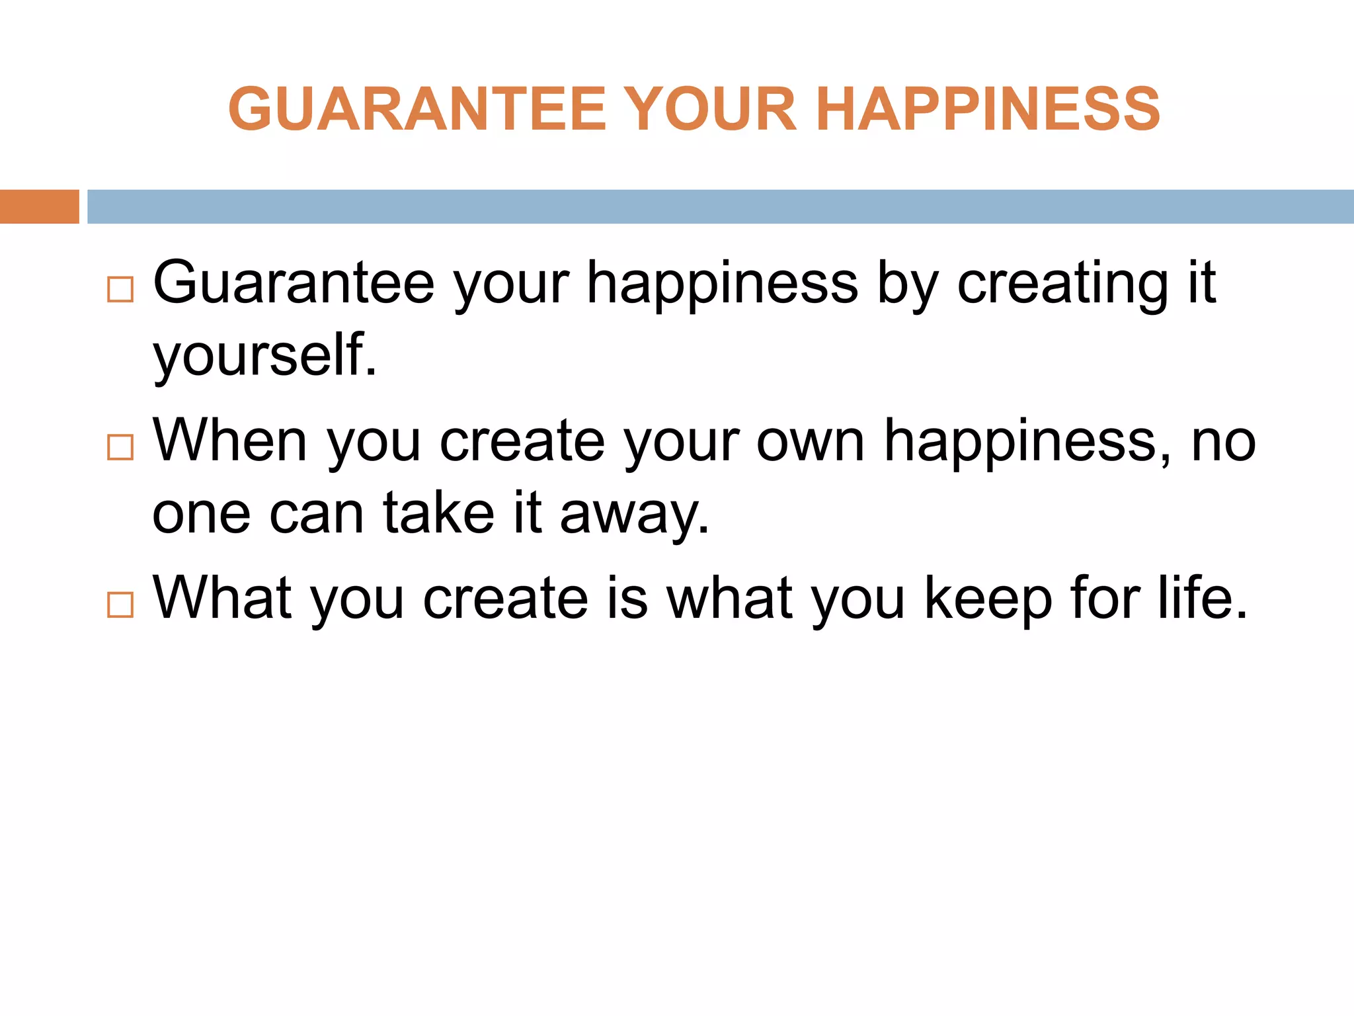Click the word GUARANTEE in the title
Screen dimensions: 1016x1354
click(x=417, y=109)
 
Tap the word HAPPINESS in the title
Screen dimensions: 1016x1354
click(x=988, y=109)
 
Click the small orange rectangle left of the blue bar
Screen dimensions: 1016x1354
click(x=39, y=206)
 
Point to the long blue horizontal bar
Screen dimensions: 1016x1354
click(x=720, y=206)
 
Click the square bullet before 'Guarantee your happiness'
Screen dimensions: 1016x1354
click(x=120, y=290)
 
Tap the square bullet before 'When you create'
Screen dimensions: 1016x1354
click(x=120, y=447)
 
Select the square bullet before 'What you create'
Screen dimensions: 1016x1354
click(x=120, y=605)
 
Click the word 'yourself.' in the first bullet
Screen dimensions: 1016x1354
click(x=265, y=356)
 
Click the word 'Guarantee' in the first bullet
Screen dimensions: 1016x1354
click(x=294, y=283)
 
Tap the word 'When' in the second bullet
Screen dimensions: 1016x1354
click(x=230, y=441)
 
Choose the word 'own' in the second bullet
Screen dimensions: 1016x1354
click(x=811, y=442)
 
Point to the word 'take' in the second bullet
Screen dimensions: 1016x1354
click(x=439, y=513)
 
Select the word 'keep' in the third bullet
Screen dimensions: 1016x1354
click(x=988, y=599)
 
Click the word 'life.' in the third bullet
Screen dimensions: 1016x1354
click(x=1203, y=598)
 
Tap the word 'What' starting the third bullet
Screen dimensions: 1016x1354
click(x=223, y=598)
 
